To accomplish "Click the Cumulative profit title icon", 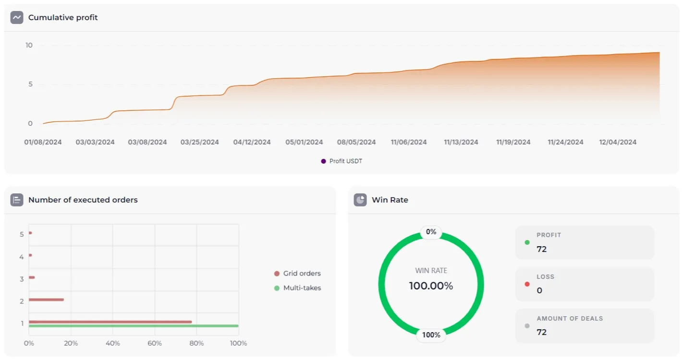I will [x=17, y=18].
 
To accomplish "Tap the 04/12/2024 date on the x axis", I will [x=252, y=142].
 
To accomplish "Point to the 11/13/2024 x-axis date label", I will [x=461, y=142].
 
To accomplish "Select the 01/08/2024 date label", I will [x=43, y=142].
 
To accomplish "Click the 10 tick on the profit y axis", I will [x=29, y=45].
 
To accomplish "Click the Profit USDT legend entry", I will [x=342, y=161].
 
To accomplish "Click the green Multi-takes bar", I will [x=134, y=326].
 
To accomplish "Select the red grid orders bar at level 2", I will [x=46, y=300].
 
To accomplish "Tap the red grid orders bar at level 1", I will [x=110, y=322].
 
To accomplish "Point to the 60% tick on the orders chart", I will [x=155, y=343].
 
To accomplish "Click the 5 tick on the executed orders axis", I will [x=22, y=234].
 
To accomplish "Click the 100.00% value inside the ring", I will [x=431, y=286].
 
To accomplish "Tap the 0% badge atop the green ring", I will [x=431, y=232].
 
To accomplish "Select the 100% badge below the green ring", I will [x=431, y=335].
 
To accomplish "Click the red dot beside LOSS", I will [x=527, y=284].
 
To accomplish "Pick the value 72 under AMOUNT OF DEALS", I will [x=542, y=332].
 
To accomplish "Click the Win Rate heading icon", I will [x=360, y=200].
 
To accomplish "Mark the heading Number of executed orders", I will [x=83, y=200].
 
